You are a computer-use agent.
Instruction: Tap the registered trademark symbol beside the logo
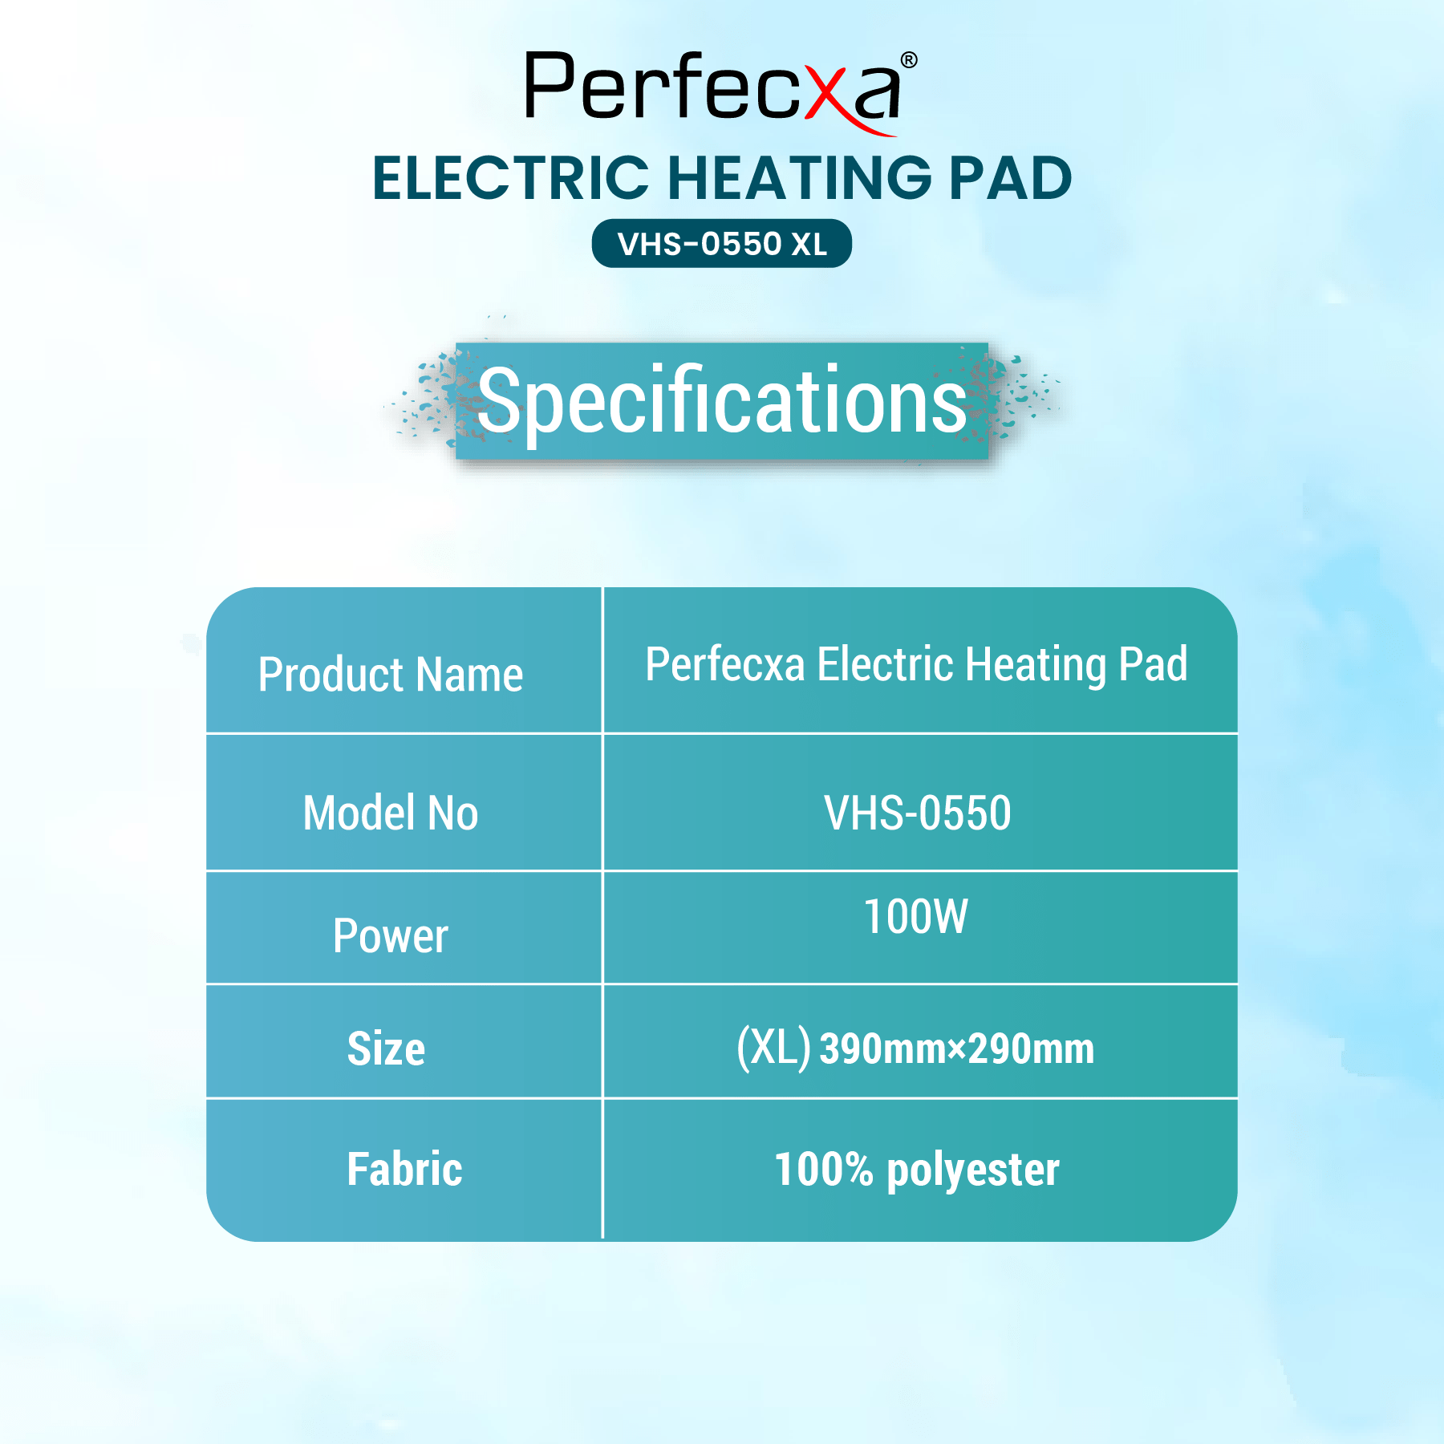pos(909,60)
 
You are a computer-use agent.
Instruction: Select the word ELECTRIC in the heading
pos(511,178)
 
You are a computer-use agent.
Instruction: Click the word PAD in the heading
pos(1011,178)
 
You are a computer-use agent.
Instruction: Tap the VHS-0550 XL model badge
pos(722,244)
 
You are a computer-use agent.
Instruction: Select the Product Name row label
pos(391,674)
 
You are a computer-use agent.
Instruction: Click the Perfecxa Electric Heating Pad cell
pos(917,665)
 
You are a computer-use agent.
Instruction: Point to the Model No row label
pos(391,813)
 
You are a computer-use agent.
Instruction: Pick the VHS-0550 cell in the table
pos(918,813)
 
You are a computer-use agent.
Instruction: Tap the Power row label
pos(391,936)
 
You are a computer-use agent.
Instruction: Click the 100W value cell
pos(916,917)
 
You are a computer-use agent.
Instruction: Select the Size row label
pos(386,1049)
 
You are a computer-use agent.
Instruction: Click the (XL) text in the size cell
pos(774,1049)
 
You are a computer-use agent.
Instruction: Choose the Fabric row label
pos(405,1169)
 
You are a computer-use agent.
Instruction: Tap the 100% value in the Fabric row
pos(824,1170)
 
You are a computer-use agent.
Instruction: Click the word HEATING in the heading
pos(800,178)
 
